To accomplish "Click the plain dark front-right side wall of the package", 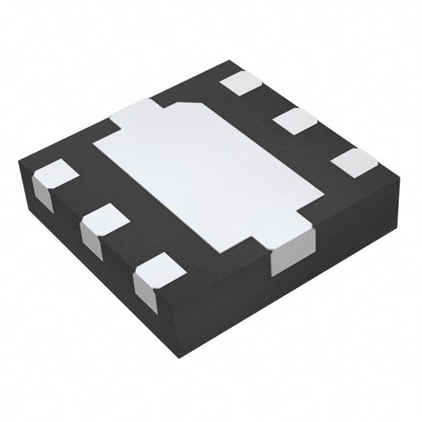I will click(x=343, y=251).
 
